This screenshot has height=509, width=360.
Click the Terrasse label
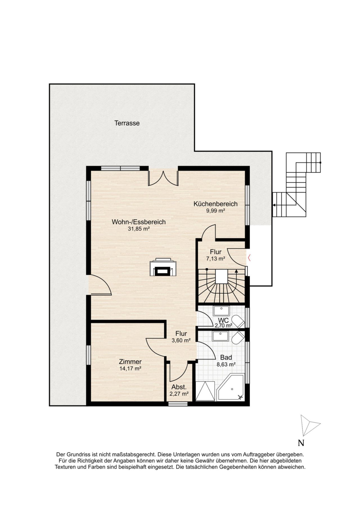[x=127, y=123]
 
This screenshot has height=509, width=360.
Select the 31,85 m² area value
[x=139, y=229]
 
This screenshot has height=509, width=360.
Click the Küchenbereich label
[x=215, y=204]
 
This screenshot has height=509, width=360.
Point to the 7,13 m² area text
[x=216, y=259]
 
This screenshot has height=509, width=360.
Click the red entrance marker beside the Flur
[x=249, y=257]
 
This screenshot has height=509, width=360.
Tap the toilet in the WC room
[x=238, y=322]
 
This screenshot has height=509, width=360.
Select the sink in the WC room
[x=222, y=311]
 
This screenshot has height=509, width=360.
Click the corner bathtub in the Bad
[x=230, y=387]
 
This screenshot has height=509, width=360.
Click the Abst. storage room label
[x=179, y=387]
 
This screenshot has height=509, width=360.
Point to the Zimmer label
[x=130, y=362]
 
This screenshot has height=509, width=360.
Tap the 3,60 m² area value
[x=181, y=340]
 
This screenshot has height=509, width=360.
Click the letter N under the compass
[x=301, y=443]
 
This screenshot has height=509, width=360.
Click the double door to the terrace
[x=163, y=178]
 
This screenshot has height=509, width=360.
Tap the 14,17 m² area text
[x=130, y=369]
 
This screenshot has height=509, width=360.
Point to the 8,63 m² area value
[x=226, y=365]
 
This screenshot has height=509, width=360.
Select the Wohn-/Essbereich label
[x=139, y=222]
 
